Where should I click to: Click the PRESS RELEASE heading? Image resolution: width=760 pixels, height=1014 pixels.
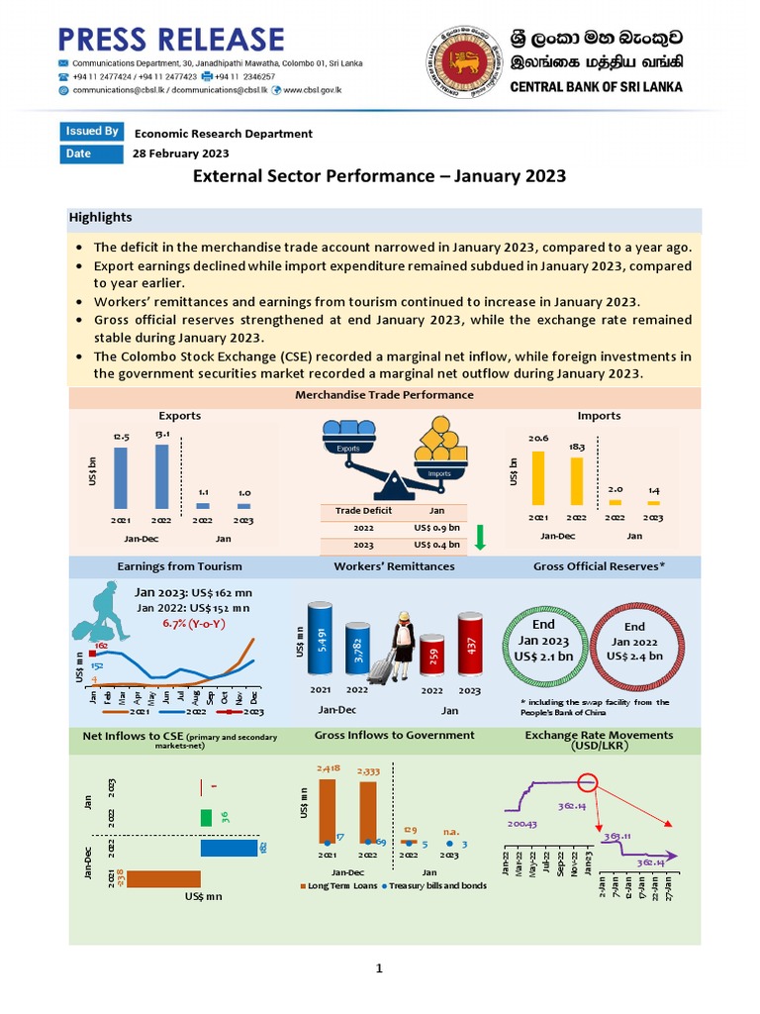(x=171, y=39)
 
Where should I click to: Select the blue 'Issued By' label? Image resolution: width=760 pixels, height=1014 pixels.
(x=92, y=132)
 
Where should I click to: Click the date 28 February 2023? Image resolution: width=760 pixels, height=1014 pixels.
(x=181, y=153)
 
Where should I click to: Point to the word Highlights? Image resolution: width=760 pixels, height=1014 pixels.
(x=100, y=217)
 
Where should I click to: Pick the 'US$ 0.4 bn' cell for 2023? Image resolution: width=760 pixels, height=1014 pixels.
(x=436, y=545)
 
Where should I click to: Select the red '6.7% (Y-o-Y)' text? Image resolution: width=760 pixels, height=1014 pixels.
(x=192, y=624)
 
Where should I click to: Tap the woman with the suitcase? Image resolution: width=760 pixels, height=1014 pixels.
(x=402, y=645)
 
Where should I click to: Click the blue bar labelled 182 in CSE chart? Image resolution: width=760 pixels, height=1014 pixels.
(x=230, y=848)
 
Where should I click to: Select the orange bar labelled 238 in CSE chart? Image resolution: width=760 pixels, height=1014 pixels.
(x=163, y=878)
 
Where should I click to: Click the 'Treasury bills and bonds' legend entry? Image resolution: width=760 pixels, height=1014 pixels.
(x=436, y=886)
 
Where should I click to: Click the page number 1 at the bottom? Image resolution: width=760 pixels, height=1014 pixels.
(x=379, y=967)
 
